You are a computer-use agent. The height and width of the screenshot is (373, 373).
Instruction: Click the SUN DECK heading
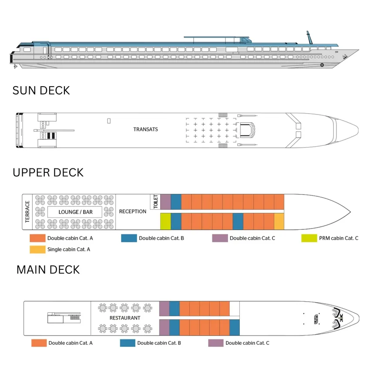[x=41, y=90]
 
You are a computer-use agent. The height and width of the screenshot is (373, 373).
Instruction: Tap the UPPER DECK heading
[x=48, y=172]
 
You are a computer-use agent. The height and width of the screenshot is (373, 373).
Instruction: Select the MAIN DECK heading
[x=48, y=269]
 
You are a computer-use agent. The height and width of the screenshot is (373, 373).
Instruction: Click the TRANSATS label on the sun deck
[x=145, y=129]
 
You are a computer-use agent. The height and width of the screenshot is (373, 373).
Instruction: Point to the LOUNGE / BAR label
[x=74, y=212]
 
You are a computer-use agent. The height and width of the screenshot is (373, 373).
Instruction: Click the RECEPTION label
[x=133, y=212]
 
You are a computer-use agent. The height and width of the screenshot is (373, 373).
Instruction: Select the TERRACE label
[x=27, y=212]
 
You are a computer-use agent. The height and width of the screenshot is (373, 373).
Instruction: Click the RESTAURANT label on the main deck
[x=125, y=318]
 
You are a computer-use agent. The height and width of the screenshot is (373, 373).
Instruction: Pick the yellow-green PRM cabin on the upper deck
[x=165, y=222]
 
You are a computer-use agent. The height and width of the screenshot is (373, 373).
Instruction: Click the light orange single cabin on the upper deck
[x=279, y=222]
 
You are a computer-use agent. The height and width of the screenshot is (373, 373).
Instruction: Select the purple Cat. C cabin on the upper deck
[x=165, y=202]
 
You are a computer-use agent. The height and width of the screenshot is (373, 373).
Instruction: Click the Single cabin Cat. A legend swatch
[x=37, y=249]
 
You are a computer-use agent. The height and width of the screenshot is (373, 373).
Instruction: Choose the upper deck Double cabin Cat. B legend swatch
[x=128, y=238]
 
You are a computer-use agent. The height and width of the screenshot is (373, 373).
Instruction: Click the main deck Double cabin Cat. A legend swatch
[x=39, y=343]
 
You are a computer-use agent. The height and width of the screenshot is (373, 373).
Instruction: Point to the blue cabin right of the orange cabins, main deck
[x=234, y=327]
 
